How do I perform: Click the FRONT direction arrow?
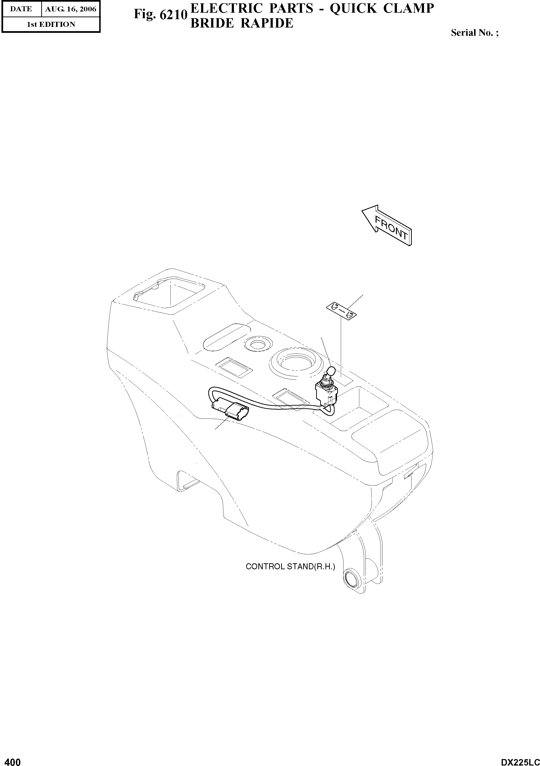coord(387,225)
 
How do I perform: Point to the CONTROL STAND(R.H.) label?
coord(290,566)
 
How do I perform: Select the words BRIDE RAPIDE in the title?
coord(242,23)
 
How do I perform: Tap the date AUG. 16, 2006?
coord(71,9)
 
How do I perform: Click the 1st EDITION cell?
coord(51,24)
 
